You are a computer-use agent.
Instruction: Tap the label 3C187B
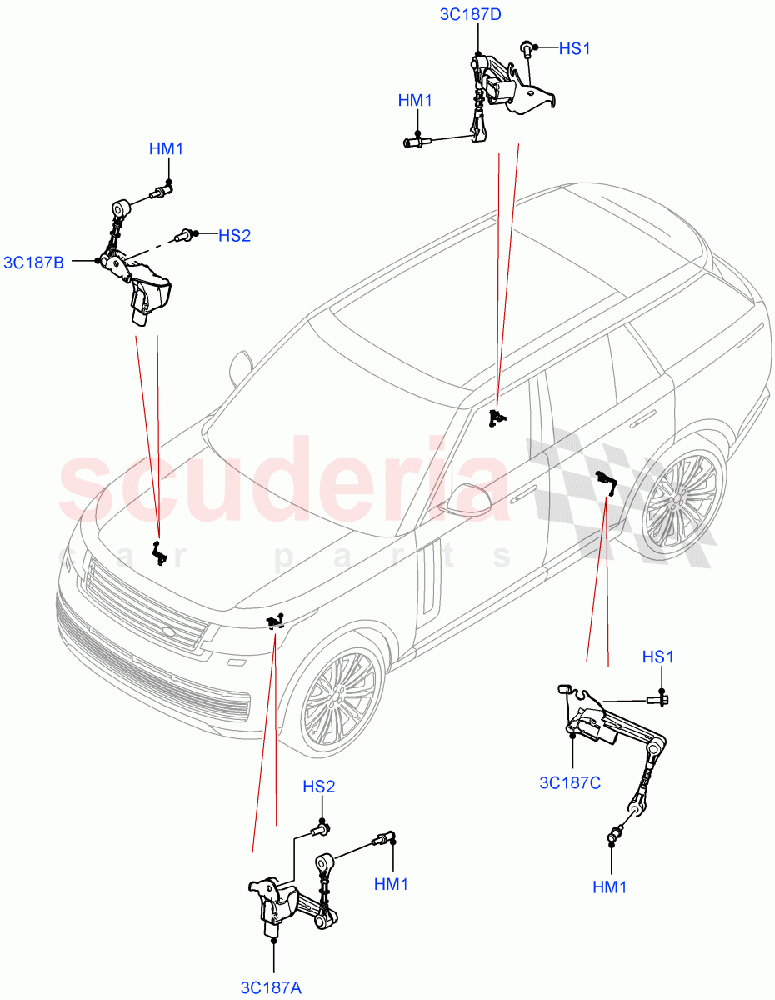pos(34,262)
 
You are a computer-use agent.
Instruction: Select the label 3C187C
pos(571,782)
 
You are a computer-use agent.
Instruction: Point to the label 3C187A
pos(271,987)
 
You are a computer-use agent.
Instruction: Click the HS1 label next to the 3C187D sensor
pos(574,49)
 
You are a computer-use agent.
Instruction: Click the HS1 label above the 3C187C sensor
pos(658,657)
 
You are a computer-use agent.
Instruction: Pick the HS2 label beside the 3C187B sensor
pos(234,236)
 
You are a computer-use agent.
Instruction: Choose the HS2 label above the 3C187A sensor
pos(318,787)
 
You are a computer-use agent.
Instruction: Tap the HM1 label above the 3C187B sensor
pos(167,149)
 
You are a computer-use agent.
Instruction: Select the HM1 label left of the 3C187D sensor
pos(415,101)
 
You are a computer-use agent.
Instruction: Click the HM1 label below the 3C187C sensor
pos(610,888)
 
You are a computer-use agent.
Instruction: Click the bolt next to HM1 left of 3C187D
pos(413,142)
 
